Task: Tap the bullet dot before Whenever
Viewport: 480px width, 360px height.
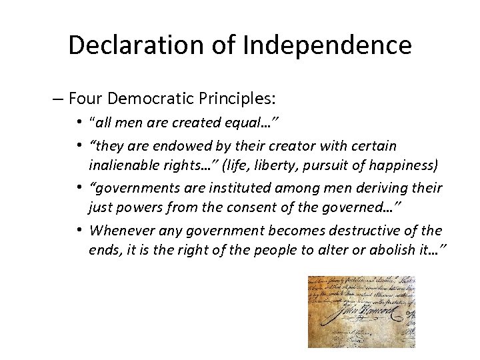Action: point(79,230)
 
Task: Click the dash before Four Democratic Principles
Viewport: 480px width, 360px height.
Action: point(59,100)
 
